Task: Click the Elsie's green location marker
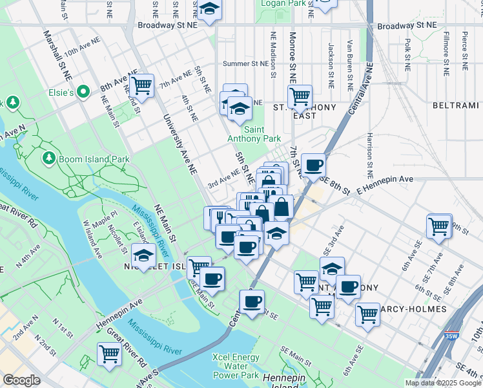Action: point(83,92)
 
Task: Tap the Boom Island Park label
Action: point(94,159)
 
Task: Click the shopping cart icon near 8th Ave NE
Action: point(141,85)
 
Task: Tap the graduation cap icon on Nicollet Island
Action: point(143,255)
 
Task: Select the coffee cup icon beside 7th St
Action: point(313,165)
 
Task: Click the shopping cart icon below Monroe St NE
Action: point(300,96)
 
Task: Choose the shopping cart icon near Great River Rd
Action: point(109,354)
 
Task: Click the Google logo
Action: point(21,380)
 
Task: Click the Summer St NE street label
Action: point(245,64)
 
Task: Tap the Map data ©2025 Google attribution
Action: point(443,383)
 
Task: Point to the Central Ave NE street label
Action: point(360,89)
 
